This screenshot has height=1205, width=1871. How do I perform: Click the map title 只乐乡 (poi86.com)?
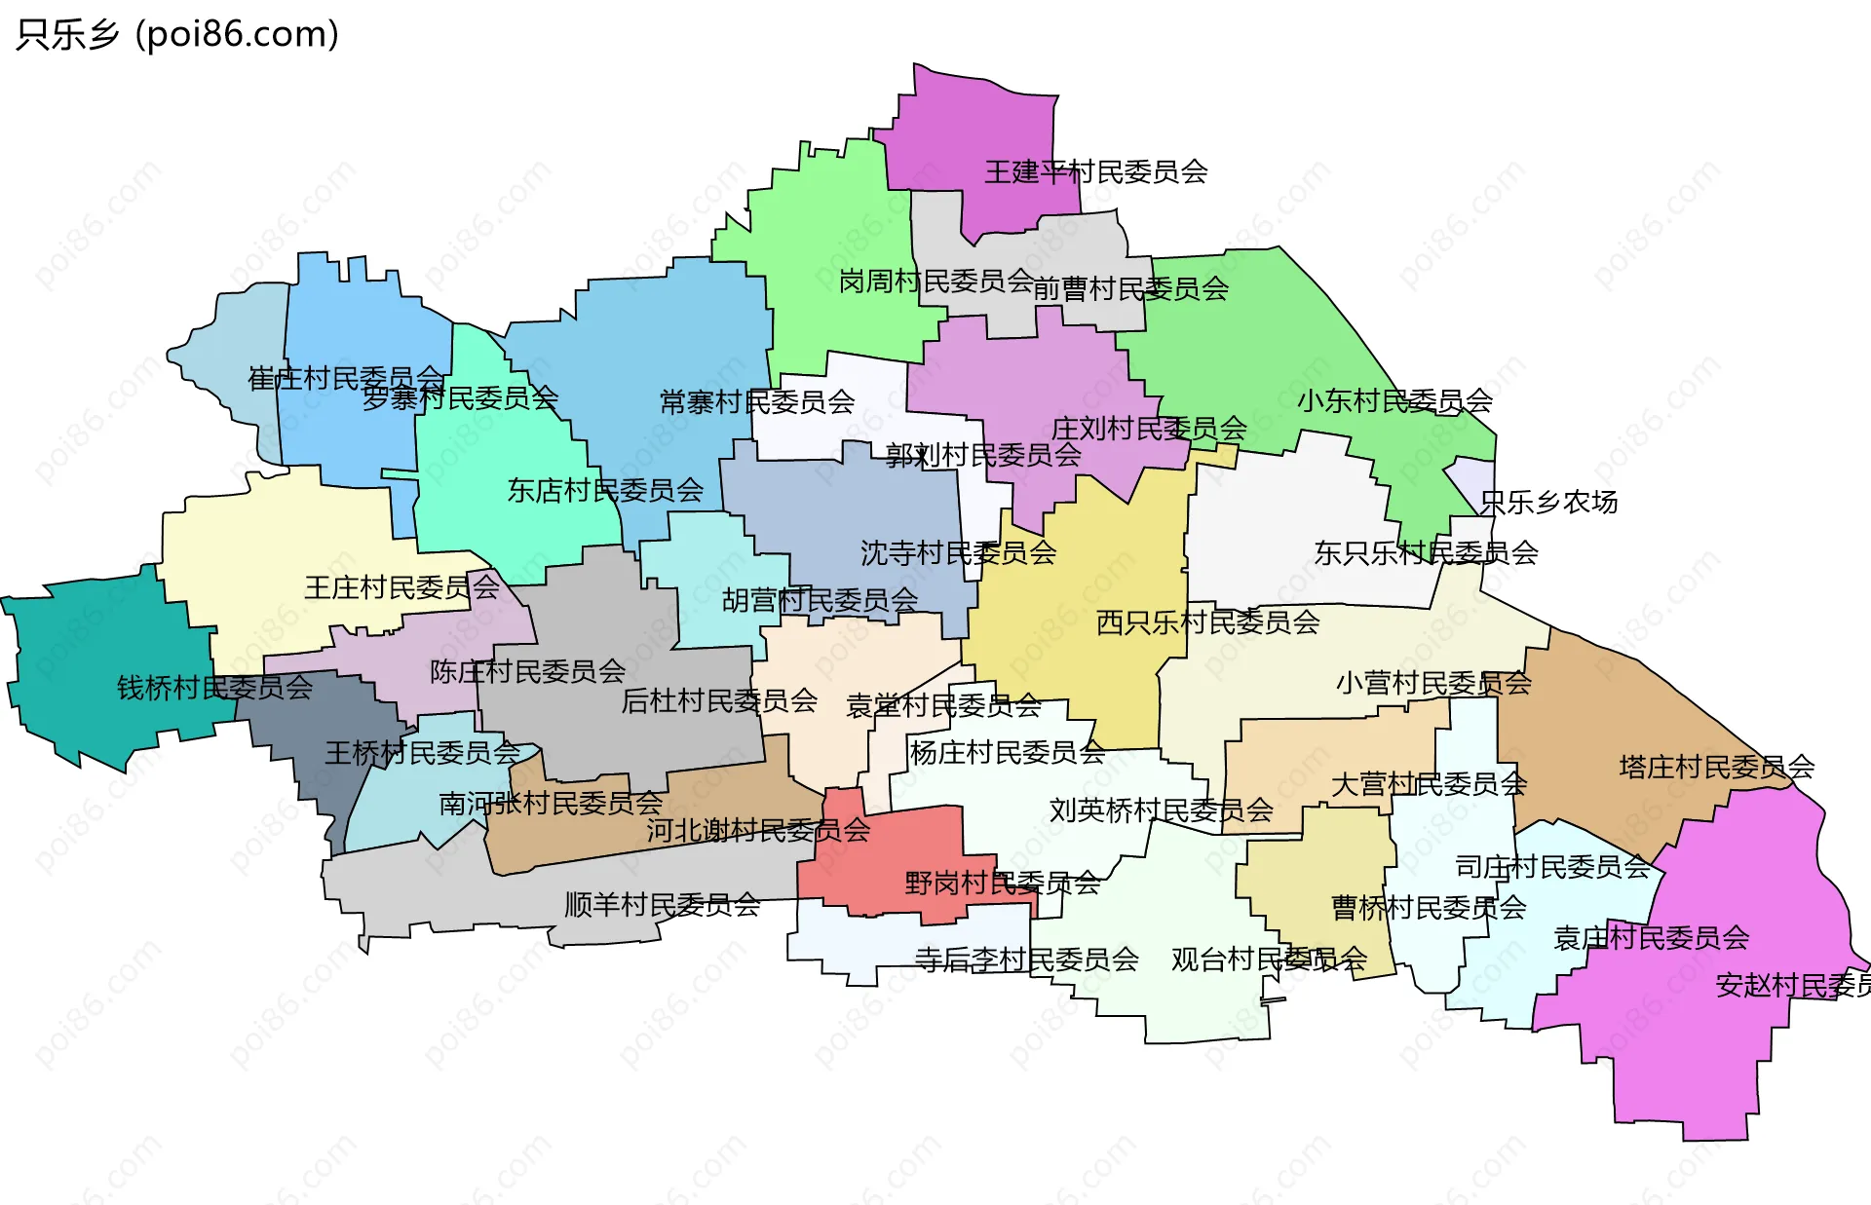177,35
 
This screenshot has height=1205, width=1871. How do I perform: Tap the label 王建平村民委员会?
1095,172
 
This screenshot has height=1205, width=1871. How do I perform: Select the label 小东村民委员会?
1394,400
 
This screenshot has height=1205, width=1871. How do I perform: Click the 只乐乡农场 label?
1548,503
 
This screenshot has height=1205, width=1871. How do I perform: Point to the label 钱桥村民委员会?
214,688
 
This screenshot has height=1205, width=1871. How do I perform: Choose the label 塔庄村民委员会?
1716,767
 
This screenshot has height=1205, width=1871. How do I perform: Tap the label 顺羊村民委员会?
662,905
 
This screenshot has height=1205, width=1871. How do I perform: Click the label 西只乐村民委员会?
1207,621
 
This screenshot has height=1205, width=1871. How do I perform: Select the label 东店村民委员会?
605,490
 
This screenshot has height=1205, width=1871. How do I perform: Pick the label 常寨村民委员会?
757,401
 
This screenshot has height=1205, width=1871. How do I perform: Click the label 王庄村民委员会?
401,587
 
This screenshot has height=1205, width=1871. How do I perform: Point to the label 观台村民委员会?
1269,960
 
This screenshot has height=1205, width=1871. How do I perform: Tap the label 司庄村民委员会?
1551,866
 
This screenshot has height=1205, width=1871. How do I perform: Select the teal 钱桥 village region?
88,662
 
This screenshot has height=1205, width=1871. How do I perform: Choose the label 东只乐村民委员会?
1426,553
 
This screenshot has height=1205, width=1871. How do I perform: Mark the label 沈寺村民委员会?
958,553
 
